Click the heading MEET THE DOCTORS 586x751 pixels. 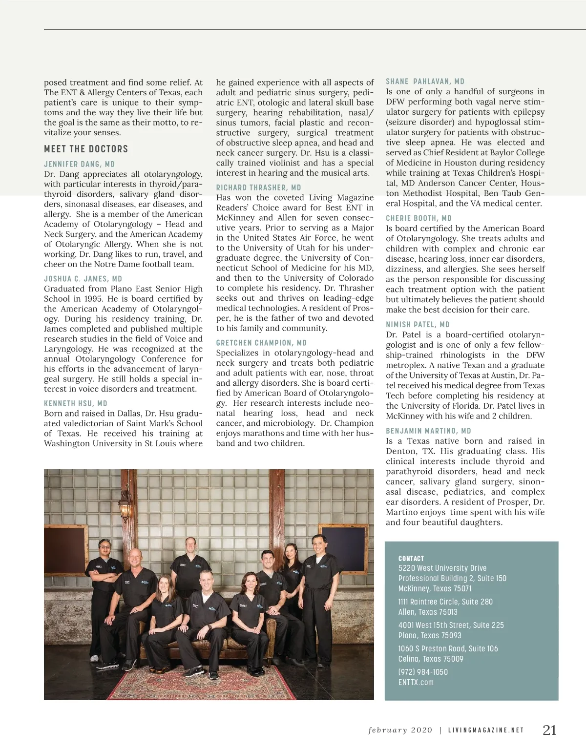pyautogui.click(x=86, y=149)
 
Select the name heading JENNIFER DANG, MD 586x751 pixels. pyautogui.click(x=80, y=164)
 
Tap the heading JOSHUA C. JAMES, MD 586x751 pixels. pyautogui.click(x=83, y=279)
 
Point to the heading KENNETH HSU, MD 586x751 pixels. pyautogui.click(x=76, y=403)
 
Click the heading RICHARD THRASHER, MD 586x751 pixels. pyautogui.click(x=259, y=188)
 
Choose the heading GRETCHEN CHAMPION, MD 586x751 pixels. pyautogui.click(x=261, y=343)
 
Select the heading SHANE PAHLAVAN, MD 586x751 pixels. pyautogui.click(x=425, y=82)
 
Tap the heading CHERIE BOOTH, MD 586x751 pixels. pyautogui.click(x=419, y=218)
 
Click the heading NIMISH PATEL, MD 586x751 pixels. pyautogui.click(x=418, y=325)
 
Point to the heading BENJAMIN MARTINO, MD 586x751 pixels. pyautogui.click(x=428, y=431)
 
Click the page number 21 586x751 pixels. pyautogui.click(x=549, y=730)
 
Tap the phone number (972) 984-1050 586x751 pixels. pyautogui.click(x=423, y=672)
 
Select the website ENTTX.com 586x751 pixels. pyautogui.click(x=416, y=682)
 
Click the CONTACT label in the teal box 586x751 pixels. pyautogui.click(x=411, y=559)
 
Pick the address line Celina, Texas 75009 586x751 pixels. pyautogui.click(x=431, y=659)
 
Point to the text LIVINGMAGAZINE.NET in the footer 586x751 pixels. pyautogui.click(x=486, y=730)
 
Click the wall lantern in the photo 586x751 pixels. pyautogui.click(x=126, y=508)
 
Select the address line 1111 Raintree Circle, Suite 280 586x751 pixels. pyautogui.click(x=445, y=602)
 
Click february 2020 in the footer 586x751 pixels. pyautogui.click(x=400, y=730)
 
